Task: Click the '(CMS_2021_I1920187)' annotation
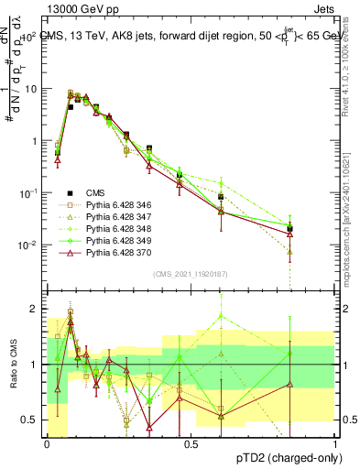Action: (191, 274)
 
